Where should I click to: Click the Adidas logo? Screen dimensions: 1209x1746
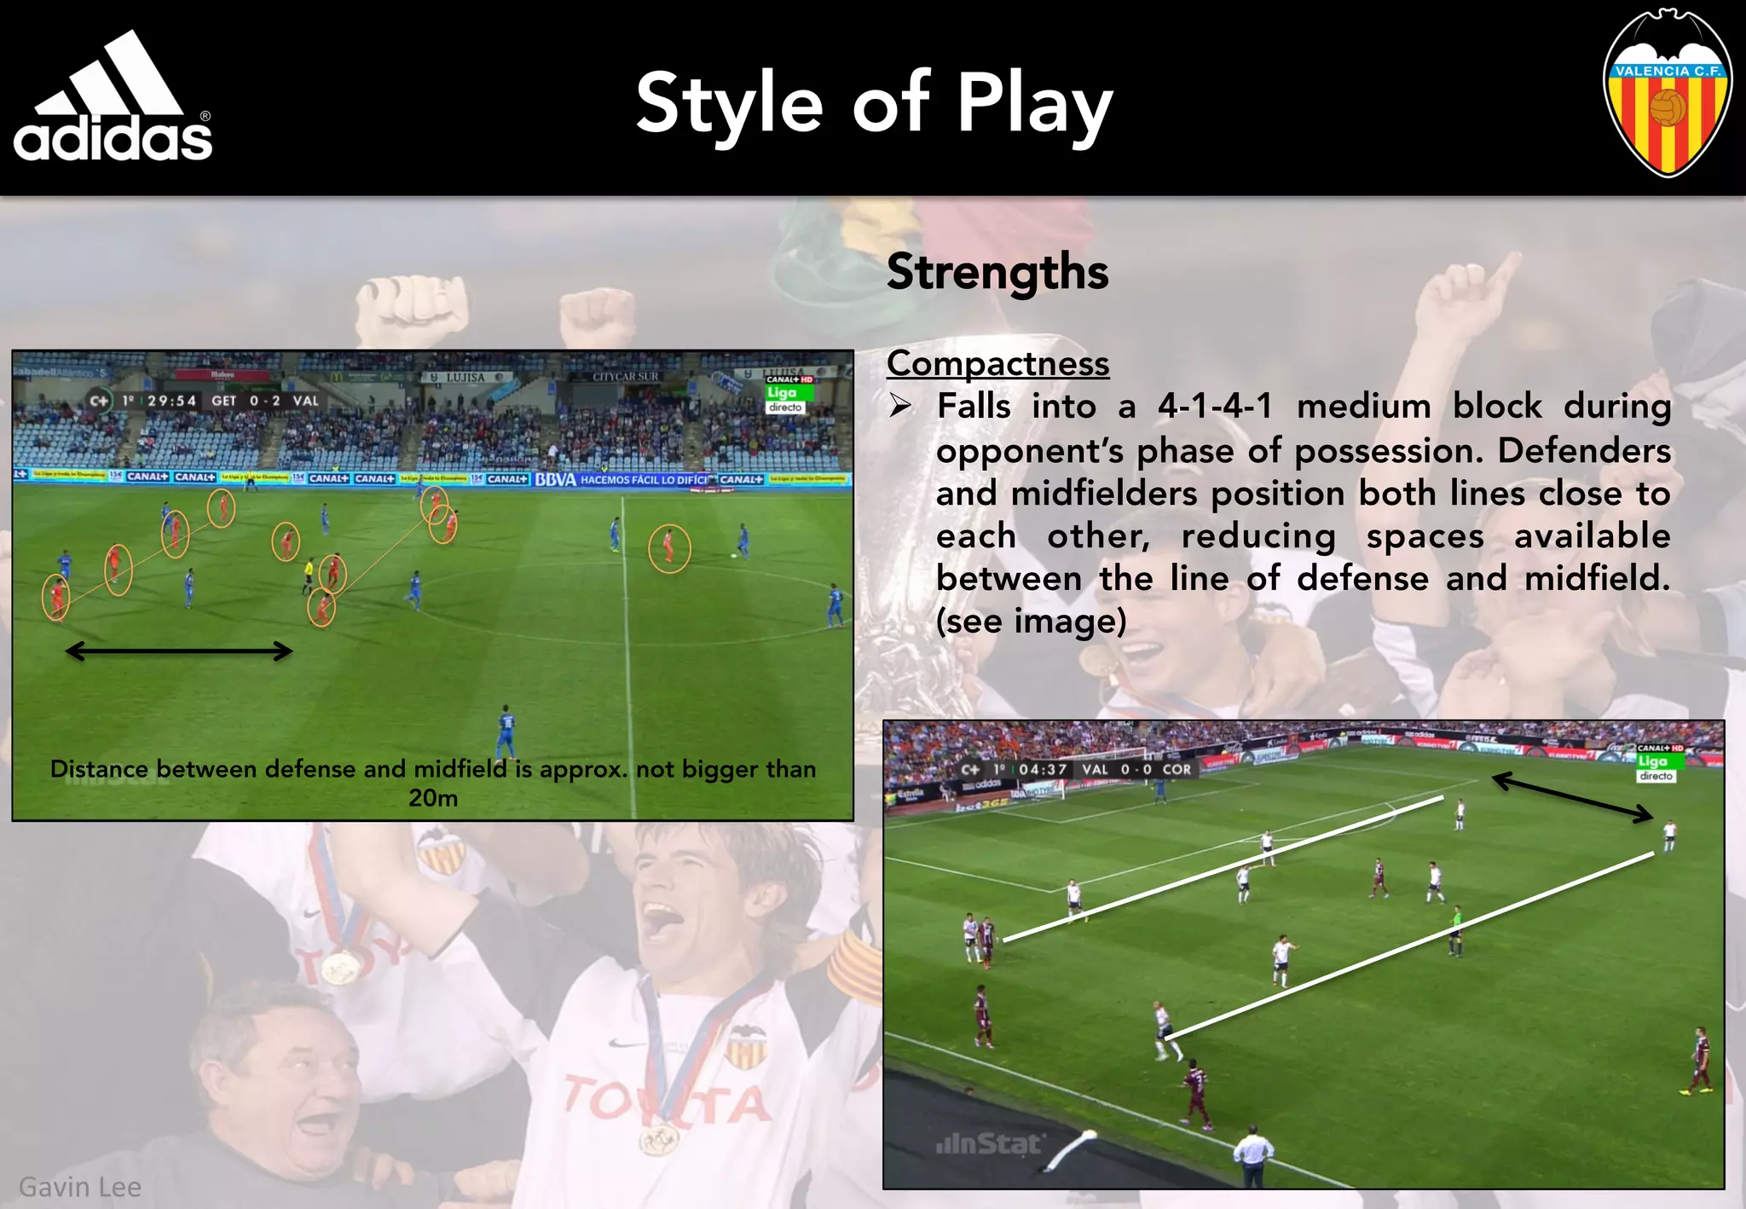coord(113,98)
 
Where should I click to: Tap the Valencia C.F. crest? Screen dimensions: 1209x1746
coord(1667,94)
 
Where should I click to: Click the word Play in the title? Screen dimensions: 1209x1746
coord(1034,105)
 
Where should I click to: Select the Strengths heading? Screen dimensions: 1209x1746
coord(997,272)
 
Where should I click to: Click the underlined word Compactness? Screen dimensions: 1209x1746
coord(997,364)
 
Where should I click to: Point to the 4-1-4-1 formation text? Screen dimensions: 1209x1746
coord(1215,407)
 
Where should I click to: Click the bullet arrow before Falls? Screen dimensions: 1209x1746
coord(900,406)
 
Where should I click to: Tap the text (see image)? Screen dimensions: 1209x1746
coord(1031,622)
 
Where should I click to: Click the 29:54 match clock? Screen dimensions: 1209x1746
coord(171,401)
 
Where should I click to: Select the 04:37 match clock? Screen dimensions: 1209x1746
coord(1042,769)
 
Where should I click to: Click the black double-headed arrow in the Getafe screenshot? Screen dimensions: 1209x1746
coord(179,651)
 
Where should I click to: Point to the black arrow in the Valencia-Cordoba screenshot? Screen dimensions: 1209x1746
coord(1573,796)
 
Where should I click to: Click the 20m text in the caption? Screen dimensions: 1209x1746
coord(433,799)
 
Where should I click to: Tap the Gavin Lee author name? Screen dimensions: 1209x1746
coord(80,1187)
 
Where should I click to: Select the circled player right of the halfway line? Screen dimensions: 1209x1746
coord(669,547)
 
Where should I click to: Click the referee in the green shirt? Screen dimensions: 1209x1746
coord(1456,929)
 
